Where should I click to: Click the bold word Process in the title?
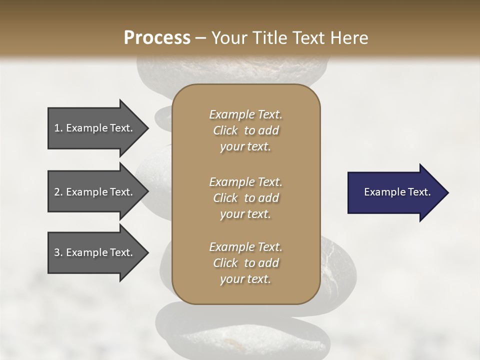157,38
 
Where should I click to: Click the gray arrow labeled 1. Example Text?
95,128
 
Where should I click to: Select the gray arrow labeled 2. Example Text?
95,192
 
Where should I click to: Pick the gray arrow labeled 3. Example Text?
95,252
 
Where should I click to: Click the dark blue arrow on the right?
395,192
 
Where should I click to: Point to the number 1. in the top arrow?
58,128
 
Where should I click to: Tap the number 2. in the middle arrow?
58,192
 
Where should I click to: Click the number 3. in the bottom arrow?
58,252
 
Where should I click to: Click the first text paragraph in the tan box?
246,130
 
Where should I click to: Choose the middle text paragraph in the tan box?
246,198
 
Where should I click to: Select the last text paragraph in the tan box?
246,263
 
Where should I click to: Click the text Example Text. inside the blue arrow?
397,192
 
